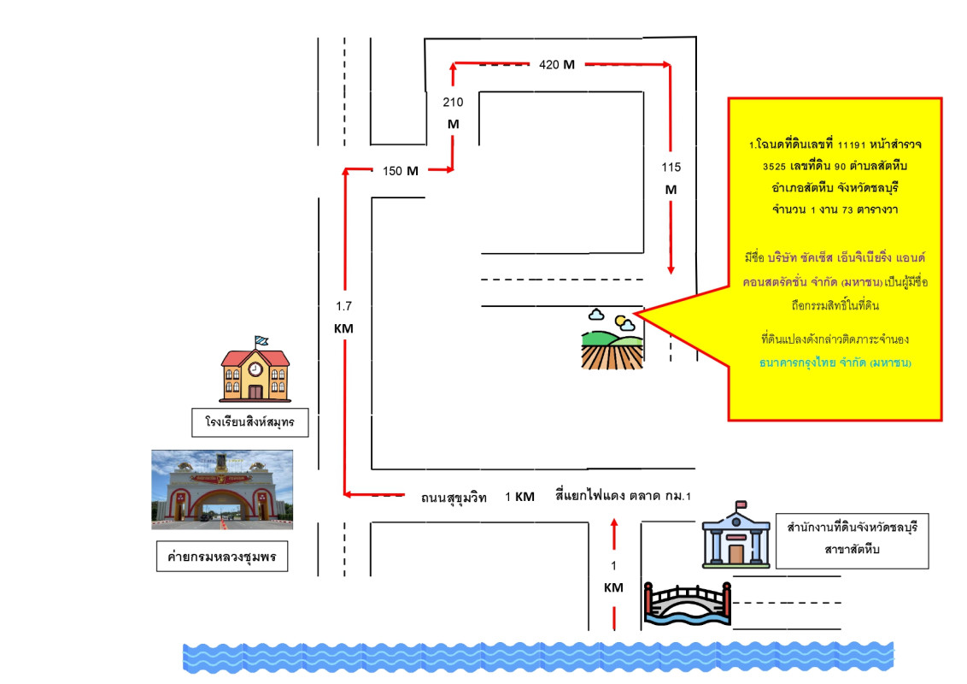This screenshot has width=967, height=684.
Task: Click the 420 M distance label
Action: click(x=556, y=65)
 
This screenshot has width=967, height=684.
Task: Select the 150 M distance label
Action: click(x=401, y=171)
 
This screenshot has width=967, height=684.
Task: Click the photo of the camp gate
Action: click(x=222, y=490)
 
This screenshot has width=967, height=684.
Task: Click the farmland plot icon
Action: click(x=610, y=339)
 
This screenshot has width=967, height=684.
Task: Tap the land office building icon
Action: click(x=736, y=535)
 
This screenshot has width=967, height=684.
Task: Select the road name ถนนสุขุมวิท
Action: click(x=454, y=498)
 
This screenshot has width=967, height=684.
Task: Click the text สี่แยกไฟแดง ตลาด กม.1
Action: click(x=623, y=497)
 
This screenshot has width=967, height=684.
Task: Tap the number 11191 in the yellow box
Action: click(x=854, y=146)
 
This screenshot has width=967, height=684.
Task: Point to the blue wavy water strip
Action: click(x=538, y=657)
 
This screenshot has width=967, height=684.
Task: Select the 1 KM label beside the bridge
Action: click(x=613, y=576)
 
